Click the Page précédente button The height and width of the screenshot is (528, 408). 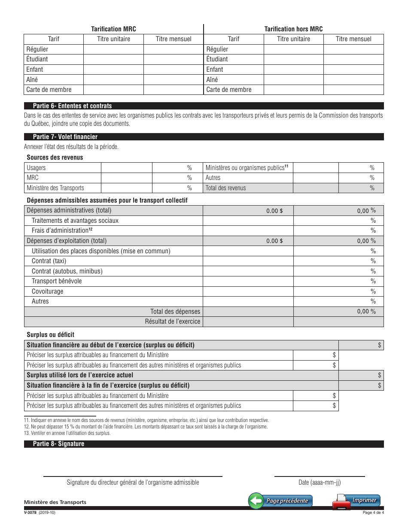point(281,501)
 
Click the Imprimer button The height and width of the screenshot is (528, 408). point(356,501)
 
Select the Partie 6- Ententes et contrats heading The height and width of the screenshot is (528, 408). point(72,106)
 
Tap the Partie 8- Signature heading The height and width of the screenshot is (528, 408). point(58,444)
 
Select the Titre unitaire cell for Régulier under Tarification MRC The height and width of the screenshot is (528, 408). point(113,49)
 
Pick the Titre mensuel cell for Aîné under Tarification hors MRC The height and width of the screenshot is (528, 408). point(353,79)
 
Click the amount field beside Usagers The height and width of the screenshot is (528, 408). point(126,167)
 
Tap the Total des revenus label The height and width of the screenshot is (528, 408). point(226,188)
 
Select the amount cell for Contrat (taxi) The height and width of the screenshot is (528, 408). point(248,261)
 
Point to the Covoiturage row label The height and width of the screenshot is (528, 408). point(47,291)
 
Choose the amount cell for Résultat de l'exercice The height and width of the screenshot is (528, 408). point(248,322)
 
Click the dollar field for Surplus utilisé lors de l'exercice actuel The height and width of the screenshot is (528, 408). point(361,375)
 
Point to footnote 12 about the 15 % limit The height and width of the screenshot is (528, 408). point(146,427)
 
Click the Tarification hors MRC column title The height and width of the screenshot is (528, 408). point(293,29)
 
